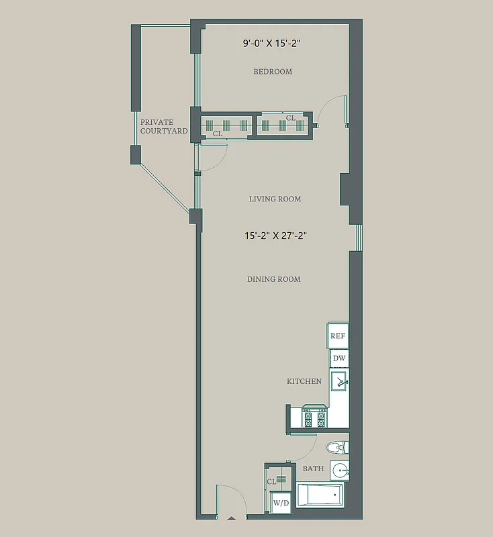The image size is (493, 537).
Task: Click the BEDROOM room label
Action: (x=273, y=72)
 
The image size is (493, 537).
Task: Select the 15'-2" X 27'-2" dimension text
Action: (x=276, y=236)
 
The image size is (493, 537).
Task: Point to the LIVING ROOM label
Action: (x=275, y=199)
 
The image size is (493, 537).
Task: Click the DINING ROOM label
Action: (x=274, y=279)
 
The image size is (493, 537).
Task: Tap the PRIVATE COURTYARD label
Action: (x=164, y=127)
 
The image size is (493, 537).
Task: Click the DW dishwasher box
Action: (x=339, y=358)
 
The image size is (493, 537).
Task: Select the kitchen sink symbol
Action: (x=339, y=383)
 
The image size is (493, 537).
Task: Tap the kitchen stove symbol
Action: (x=313, y=417)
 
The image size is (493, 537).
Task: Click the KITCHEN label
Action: (x=304, y=381)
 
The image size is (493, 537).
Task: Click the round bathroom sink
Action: (x=340, y=470)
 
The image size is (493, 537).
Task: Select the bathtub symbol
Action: (x=320, y=496)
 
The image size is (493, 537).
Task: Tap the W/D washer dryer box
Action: (x=281, y=503)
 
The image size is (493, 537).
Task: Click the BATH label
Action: (x=313, y=469)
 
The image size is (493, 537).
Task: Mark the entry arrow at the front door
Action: (x=232, y=518)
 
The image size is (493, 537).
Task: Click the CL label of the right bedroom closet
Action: (x=291, y=118)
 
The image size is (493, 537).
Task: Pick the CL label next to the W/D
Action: (x=272, y=481)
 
